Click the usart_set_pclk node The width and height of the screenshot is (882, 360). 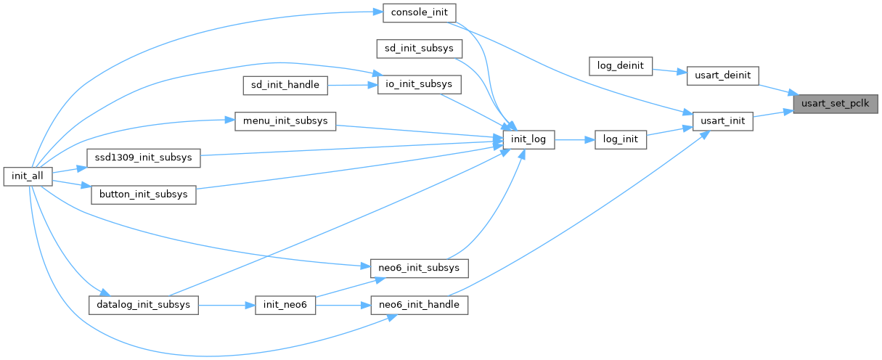pyautogui.click(x=836, y=104)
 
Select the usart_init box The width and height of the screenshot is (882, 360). pyautogui.click(x=722, y=121)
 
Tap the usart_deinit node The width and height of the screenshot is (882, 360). pyautogui.click(x=722, y=75)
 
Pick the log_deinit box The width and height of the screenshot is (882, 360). pyautogui.click(x=621, y=65)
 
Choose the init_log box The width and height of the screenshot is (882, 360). pyautogui.click(x=528, y=139)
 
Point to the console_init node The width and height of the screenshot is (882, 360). pyautogui.click(x=419, y=12)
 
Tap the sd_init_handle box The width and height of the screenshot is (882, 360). pyautogui.click(x=285, y=85)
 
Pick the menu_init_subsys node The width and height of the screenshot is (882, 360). pyautogui.click(x=285, y=121)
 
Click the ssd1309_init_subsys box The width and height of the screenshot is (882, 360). pyautogui.click(x=143, y=157)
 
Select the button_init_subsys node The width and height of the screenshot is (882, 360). pyautogui.click(x=143, y=195)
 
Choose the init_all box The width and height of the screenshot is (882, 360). pyautogui.click(x=28, y=176)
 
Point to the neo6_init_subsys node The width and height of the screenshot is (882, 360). pyautogui.click(x=419, y=268)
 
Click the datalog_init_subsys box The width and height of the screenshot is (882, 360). pyautogui.click(x=143, y=304)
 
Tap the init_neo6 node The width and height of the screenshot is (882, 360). pyautogui.click(x=285, y=305)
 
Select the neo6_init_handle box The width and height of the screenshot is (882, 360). pyautogui.click(x=419, y=305)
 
